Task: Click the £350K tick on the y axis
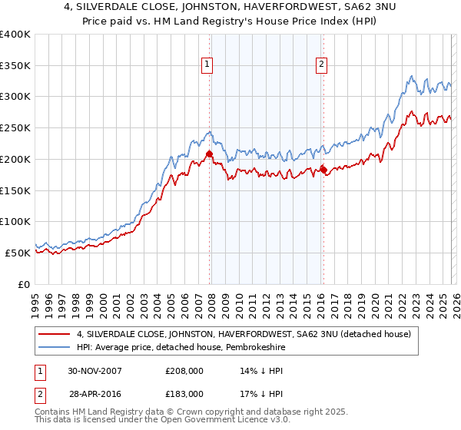click(x=15, y=66)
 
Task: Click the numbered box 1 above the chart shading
click(x=207, y=64)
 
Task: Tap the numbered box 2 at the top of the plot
click(x=320, y=64)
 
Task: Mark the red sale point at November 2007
click(x=209, y=154)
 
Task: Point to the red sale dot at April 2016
click(x=323, y=170)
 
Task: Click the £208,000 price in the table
click(x=184, y=370)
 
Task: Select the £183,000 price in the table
click(x=184, y=393)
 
